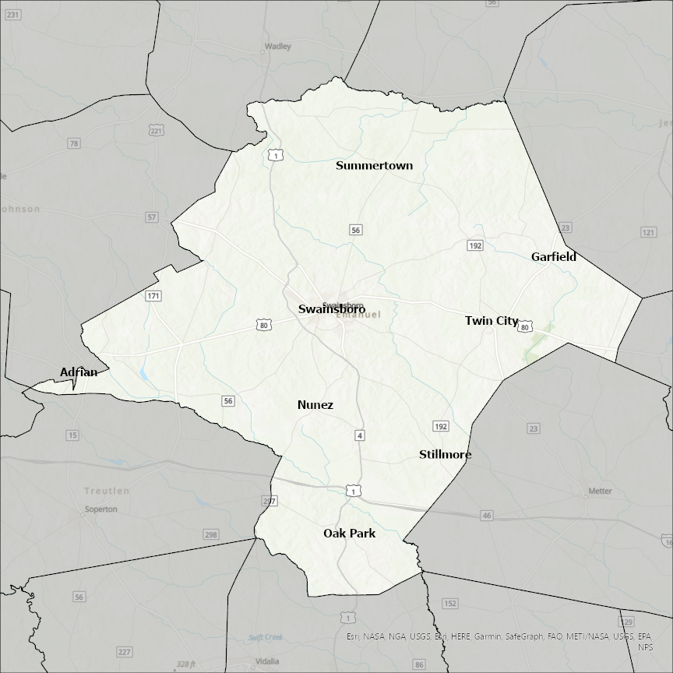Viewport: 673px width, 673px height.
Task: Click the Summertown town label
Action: coord(374,165)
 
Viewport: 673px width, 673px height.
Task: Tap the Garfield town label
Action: coord(554,256)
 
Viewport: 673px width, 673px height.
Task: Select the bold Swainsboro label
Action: coord(332,309)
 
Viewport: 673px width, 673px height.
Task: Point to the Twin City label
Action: coord(492,321)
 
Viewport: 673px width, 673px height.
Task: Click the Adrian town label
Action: coord(79,372)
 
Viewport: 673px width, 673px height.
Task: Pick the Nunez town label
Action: coord(315,405)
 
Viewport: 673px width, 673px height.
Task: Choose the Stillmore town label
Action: coord(446,455)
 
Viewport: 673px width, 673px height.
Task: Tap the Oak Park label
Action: coord(350,534)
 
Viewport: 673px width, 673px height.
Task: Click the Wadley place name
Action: coord(278,46)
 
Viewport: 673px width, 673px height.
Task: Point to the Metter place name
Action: coord(600,492)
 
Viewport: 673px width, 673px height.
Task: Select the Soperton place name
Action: coord(100,509)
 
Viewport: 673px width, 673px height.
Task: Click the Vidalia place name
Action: coord(267,661)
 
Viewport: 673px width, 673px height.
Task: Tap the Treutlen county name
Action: coord(107,492)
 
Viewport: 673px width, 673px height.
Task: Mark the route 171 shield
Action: coord(153,296)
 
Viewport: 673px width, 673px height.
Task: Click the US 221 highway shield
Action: coord(157,131)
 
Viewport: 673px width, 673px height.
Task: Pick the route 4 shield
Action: coord(360,435)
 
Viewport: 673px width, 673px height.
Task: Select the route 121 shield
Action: coord(648,233)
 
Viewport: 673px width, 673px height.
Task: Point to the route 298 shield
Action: coord(211,534)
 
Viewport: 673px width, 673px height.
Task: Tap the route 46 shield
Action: coord(487,516)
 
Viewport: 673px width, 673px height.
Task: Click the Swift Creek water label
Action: coord(265,637)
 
